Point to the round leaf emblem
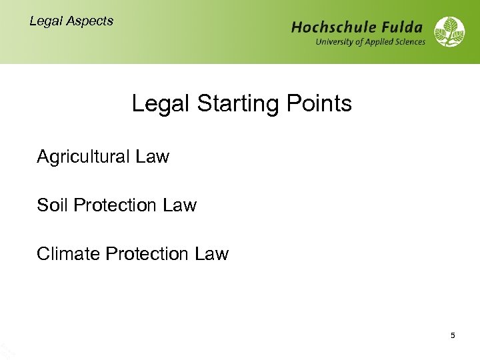[449, 32]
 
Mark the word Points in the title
[318, 104]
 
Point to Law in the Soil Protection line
[180, 205]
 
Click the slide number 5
[453, 335]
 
